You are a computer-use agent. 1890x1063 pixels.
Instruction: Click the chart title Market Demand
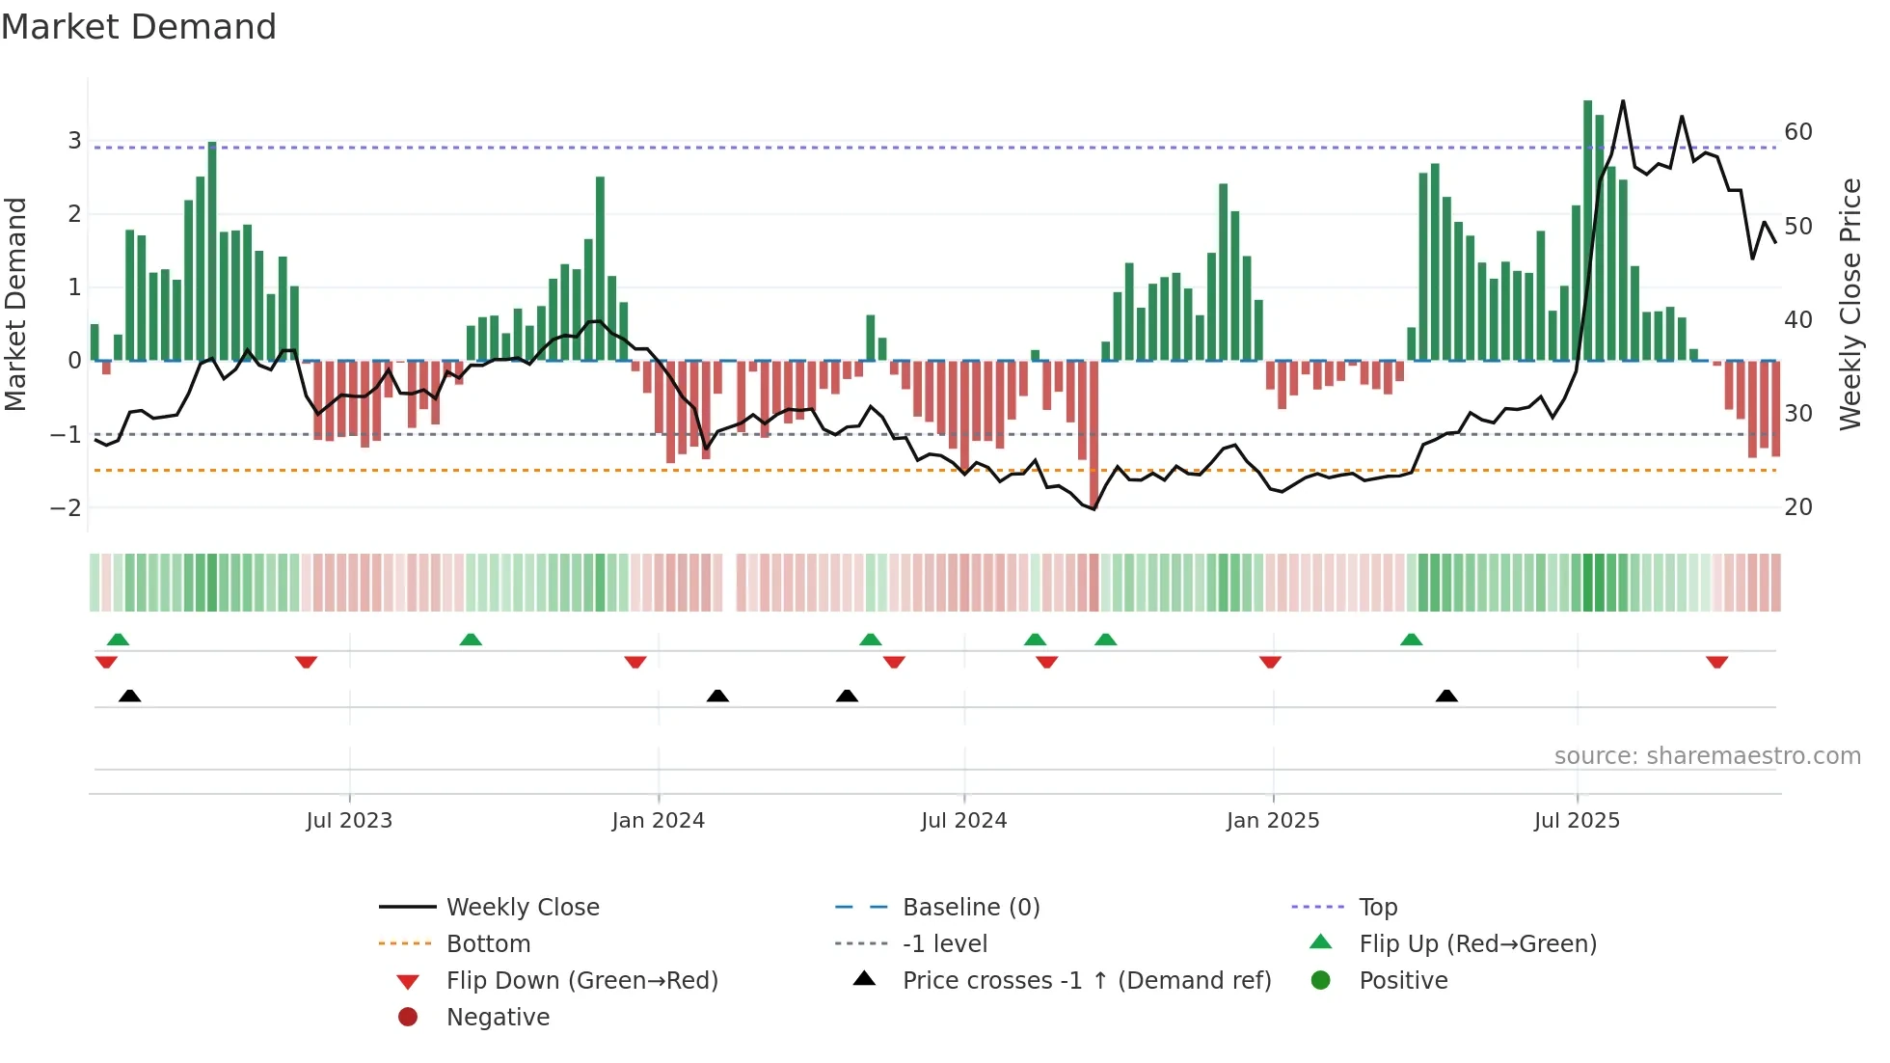[x=139, y=27]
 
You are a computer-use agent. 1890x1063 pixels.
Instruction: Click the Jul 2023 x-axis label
[x=349, y=821]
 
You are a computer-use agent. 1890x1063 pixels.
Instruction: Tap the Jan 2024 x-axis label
[x=658, y=821]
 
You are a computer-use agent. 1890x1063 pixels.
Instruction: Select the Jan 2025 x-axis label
[x=1273, y=821]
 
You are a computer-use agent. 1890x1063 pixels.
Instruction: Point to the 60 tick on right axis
[x=1797, y=132]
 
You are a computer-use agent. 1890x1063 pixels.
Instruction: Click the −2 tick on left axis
[x=66, y=507]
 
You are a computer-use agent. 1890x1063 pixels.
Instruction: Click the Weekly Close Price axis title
[x=1849, y=304]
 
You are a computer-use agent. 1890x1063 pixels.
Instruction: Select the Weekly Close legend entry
[x=522, y=907]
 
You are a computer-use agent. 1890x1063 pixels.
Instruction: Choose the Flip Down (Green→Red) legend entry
[x=581, y=981]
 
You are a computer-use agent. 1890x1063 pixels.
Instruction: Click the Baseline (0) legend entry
[x=970, y=907]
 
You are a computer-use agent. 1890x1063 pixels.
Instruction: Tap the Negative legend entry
[x=498, y=1018]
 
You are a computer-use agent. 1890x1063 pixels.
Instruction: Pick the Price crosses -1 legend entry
[x=1086, y=981]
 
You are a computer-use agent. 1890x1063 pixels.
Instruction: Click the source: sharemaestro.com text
[x=1707, y=756]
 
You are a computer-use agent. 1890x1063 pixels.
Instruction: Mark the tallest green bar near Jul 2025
[x=1587, y=232]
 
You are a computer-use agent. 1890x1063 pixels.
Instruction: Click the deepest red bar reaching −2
[x=1093, y=434]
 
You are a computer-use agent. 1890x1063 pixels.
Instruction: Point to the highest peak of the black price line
[x=1623, y=102]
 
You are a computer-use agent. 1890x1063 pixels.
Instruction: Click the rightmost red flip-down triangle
[x=1716, y=662]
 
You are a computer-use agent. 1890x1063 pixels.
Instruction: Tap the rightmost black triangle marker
[x=1446, y=695]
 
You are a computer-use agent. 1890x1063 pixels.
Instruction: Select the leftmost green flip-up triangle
[x=118, y=640]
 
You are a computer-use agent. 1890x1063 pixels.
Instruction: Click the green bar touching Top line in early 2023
[x=212, y=251]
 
